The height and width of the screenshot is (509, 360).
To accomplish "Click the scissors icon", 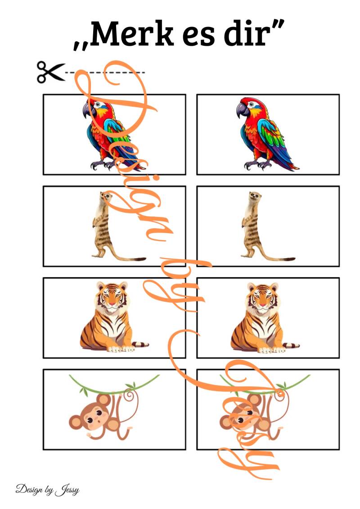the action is click(x=51, y=72).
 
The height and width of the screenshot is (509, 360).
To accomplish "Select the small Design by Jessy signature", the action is click(x=47, y=489).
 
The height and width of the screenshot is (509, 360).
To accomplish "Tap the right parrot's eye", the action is click(x=252, y=104).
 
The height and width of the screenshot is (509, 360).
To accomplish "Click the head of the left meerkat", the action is click(x=106, y=196).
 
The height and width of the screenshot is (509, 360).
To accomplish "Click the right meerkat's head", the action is click(x=255, y=196).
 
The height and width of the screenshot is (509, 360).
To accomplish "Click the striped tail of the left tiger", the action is click(x=140, y=344).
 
